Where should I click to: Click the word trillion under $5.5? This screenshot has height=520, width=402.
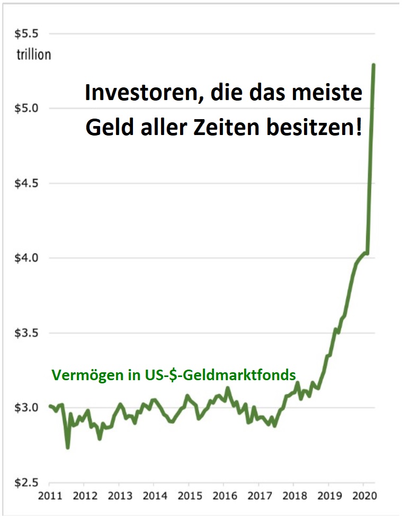tap(33, 54)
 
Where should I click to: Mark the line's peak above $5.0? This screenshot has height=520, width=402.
tap(374, 65)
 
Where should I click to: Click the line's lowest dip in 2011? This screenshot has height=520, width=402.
tap(68, 447)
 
